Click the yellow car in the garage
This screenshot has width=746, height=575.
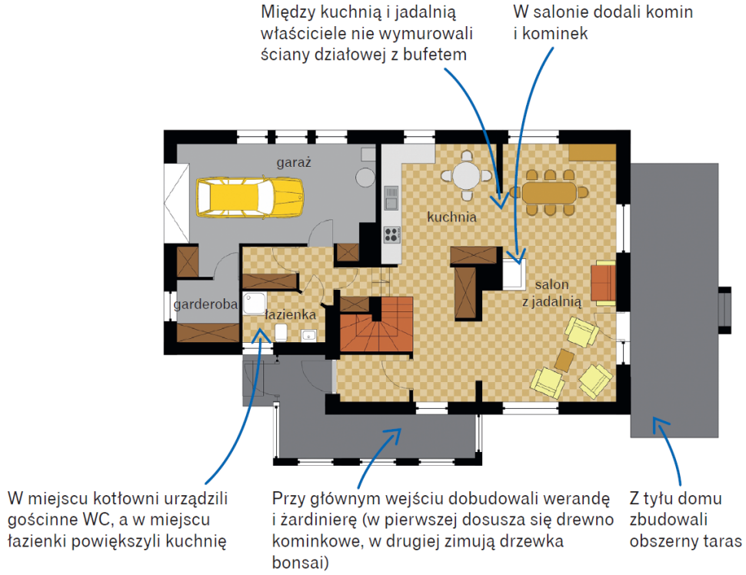[x=250, y=198]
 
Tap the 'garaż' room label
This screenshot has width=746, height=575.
[x=294, y=163]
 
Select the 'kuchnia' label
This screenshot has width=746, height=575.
[x=451, y=217]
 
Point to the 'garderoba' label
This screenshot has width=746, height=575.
[x=205, y=304]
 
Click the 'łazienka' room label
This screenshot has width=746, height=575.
[x=290, y=314]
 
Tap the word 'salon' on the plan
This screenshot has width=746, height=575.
[x=552, y=284]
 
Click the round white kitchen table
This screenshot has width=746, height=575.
[x=466, y=176]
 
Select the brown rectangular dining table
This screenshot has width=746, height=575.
[x=550, y=193]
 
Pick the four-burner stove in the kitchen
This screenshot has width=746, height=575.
[x=391, y=234]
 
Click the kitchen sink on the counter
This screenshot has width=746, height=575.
[x=391, y=198]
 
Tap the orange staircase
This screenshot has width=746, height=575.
[x=376, y=324]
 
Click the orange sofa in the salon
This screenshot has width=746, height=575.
[x=603, y=283]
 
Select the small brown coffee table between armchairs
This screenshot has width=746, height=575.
[x=564, y=361]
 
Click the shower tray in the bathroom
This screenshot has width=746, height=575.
[x=254, y=304]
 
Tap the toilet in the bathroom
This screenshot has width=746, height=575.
[x=281, y=332]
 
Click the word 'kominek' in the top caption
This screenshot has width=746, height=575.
[x=555, y=33]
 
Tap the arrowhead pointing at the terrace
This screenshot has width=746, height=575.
[x=660, y=424]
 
